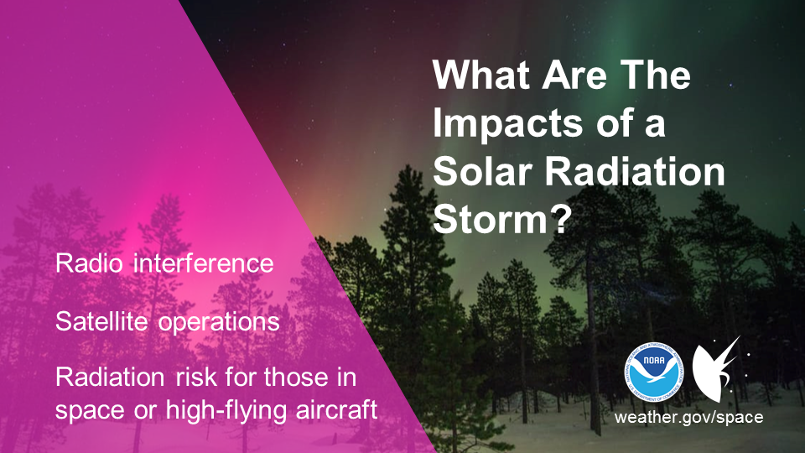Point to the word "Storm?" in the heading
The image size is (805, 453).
[x=501, y=219]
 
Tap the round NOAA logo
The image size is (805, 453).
[x=653, y=372]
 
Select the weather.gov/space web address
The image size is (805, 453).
[x=688, y=417]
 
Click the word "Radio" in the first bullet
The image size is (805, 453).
[x=89, y=263]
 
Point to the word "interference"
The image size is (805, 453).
[x=203, y=263]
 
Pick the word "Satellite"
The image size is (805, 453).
[x=101, y=321]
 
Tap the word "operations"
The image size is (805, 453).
[x=219, y=324]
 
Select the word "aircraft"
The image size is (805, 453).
[x=337, y=409]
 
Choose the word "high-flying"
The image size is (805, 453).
[x=226, y=411]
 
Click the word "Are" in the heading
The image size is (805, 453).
[x=574, y=75]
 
